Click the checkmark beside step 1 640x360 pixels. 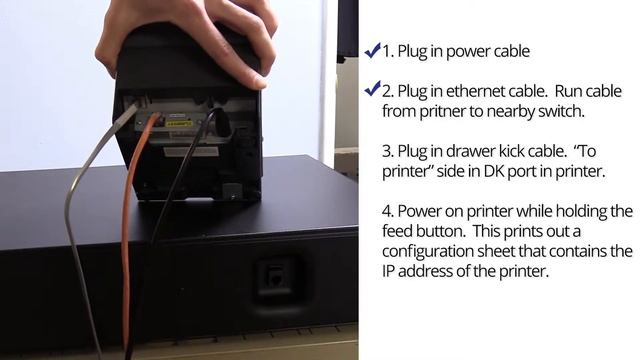point(372,51)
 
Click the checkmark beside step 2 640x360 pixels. point(372,89)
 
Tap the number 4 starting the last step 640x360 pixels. point(387,211)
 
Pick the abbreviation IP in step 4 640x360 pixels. point(388,271)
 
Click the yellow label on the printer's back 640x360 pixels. point(178,123)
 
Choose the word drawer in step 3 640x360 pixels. point(471,151)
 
